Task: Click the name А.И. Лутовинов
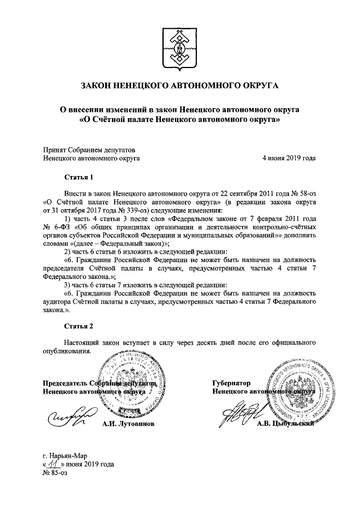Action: pos(128,423)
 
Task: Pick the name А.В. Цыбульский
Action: pos(283,424)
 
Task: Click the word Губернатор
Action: pos(231,383)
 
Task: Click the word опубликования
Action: pos(67,351)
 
